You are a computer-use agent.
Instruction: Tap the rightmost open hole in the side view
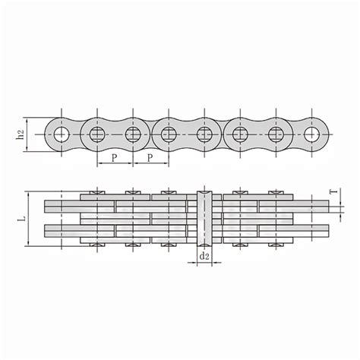pyautogui.click(x=311, y=135)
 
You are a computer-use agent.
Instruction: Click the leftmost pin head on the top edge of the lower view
pyautogui.click(x=96, y=191)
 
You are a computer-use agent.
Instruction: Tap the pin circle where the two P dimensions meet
pyautogui.click(x=132, y=135)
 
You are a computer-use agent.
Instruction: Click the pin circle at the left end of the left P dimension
pyautogui.click(x=96, y=135)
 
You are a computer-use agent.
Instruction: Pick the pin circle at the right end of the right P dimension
pyautogui.click(x=168, y=135)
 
